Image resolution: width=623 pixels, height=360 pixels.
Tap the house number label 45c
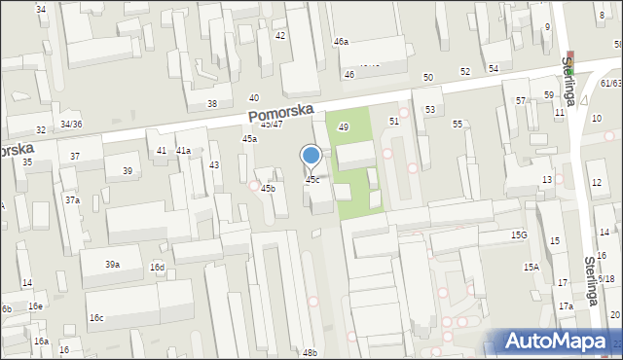point(311,180)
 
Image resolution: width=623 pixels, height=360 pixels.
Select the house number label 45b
point(268,188)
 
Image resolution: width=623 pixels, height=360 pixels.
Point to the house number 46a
point(341,42)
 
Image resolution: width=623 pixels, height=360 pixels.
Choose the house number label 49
point(343,127)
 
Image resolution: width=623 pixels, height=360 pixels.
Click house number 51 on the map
point(394,121)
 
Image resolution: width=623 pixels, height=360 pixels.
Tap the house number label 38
point(211,104)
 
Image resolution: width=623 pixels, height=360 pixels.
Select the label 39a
point(113,265)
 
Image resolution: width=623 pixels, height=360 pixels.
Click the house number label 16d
point(157,268)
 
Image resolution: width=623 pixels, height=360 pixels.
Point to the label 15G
point(518,235)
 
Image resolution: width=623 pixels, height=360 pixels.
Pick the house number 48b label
point(310,352)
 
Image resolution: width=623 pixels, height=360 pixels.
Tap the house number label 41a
point(183,151)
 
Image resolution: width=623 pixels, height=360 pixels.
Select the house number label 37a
point(72,199)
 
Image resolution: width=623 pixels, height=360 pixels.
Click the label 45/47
point(272,124)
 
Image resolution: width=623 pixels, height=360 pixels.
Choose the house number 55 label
point(458,125)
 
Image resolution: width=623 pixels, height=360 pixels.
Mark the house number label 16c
point(96,318)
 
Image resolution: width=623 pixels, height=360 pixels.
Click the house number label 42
point(280,35)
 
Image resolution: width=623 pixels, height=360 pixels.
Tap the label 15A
point(531,267)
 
